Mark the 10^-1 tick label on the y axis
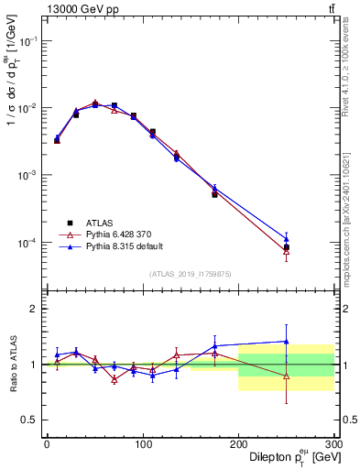[x=27, y=41]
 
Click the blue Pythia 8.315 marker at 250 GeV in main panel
[x=286, y=238]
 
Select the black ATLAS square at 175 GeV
[x=214, y=194]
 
